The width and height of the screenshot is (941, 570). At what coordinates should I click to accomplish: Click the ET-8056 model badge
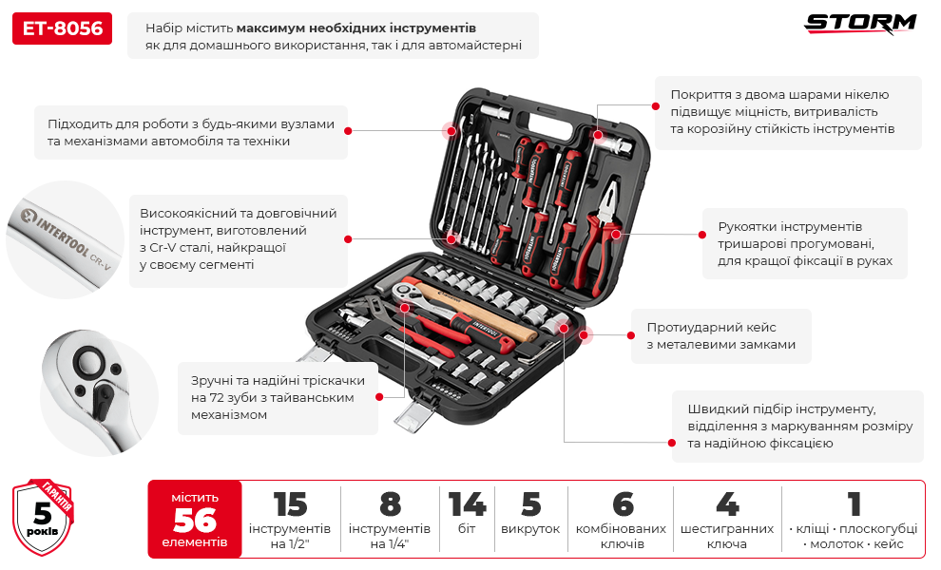click(62, 28)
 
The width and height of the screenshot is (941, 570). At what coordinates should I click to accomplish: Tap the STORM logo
click(861, 24)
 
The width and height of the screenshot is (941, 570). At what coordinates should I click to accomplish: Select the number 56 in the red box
click(194, 521)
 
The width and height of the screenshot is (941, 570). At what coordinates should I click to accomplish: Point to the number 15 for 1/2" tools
click(290, 504)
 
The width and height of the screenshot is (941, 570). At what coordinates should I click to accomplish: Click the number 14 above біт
click(467, 504)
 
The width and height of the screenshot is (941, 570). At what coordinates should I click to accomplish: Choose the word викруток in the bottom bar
click(530, 529)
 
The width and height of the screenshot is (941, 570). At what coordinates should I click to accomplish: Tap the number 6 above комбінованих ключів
click(622, 504)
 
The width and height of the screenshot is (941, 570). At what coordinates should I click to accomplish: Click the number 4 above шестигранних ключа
click(727, 504)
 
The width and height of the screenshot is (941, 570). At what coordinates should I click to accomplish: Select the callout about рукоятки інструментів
click(804, 243)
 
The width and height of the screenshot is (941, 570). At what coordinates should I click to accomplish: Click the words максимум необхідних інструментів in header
click(356, 28)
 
